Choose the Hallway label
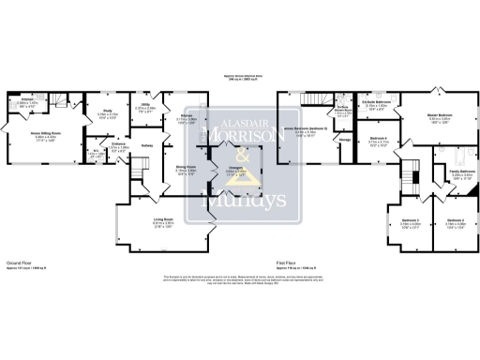147,144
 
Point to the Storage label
345,140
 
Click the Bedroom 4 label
378,138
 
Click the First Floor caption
288,262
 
